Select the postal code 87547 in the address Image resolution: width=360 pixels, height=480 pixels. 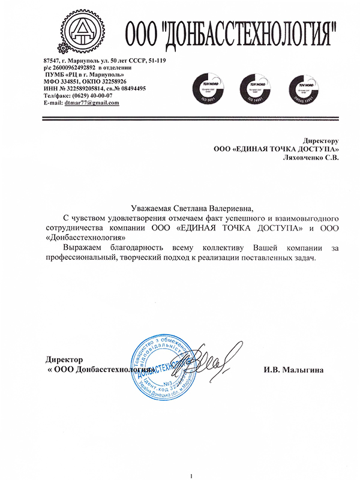coord(53,61)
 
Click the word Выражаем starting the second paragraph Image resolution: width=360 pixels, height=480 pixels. coord(83,247)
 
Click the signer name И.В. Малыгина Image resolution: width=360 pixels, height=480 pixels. coord(290,370)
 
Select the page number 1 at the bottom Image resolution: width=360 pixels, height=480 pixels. coord(191,475)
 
